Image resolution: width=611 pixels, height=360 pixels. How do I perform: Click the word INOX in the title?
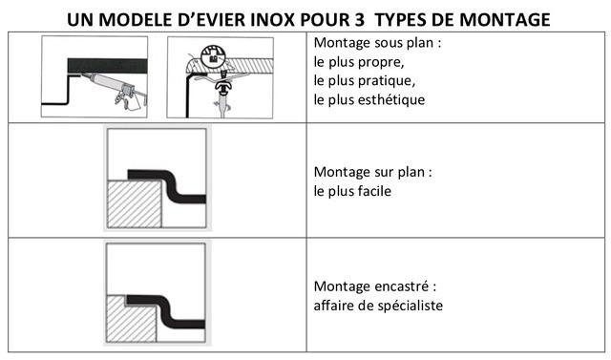coord(271,20)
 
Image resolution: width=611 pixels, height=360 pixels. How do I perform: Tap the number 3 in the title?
coord(359,20)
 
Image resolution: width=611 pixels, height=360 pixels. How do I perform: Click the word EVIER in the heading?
coord(221,20)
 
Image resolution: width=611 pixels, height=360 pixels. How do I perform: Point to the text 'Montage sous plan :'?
coord(377,42)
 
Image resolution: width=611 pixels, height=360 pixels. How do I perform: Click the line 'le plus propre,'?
coord(359,62)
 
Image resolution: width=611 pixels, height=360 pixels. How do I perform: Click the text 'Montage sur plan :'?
coord(373,172)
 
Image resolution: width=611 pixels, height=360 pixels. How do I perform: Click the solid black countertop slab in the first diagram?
coord(108,66)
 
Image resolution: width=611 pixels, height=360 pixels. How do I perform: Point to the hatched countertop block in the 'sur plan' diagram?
coord(135,203)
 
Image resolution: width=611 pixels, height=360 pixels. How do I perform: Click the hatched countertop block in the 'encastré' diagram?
coord(131,320)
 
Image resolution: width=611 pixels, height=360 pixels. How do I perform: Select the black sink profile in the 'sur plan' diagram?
coord(170,184)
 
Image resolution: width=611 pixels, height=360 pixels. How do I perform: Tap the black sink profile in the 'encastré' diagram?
coord(168,309)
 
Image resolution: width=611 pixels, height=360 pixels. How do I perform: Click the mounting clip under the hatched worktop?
coord(223,87)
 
